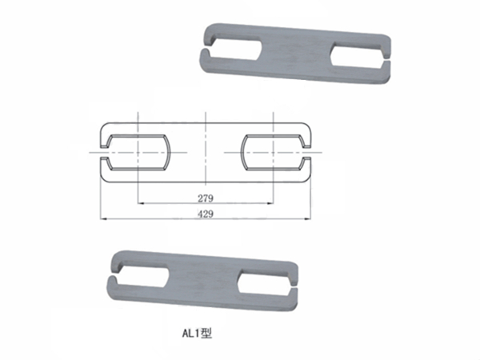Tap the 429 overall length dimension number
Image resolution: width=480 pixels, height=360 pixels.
click(x=206, y=213)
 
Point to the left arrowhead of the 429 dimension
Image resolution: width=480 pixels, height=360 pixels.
click(x=100, y=217)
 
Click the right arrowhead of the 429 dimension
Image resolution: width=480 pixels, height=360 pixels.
click(x=310, y=217)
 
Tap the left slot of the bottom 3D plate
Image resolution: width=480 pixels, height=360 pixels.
click(x=144, y=276)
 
